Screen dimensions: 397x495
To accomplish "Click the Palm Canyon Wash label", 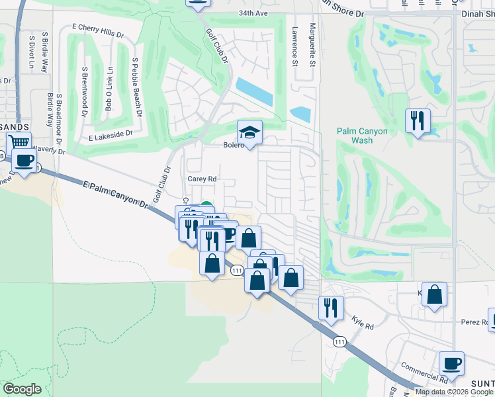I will click(362, 136).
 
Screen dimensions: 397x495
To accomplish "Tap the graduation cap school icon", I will click(250, 132).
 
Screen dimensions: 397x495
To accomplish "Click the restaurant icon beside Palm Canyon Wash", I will click(418, 120).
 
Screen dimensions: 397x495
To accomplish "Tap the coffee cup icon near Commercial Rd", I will click(451, 363).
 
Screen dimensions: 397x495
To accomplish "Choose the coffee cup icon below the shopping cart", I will click(24, 161).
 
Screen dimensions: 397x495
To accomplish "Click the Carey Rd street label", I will click(202, 179).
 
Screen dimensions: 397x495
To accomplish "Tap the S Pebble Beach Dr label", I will click(137, 87).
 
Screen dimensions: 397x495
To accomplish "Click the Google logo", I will click(22, 389).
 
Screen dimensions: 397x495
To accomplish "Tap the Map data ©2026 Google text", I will click(454, 392).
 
